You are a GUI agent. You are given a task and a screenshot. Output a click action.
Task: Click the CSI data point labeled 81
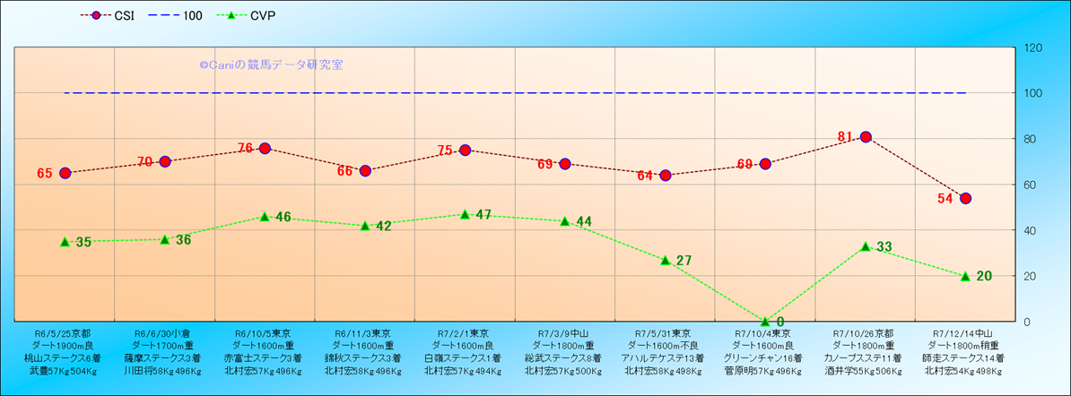coord(866,137)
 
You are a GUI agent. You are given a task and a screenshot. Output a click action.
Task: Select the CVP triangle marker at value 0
coord(765,321)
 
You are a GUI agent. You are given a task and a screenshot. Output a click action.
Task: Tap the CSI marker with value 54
coord(965,198)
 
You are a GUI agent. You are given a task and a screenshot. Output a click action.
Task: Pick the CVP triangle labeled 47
coord(465,214)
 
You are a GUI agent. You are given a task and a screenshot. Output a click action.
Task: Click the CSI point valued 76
coord(265,149)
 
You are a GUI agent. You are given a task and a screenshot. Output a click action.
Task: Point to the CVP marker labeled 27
coord(665,260)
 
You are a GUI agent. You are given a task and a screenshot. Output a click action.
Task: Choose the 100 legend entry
coord(171,16)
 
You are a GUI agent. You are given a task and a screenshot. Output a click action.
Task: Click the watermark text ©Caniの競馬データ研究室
coord(271,65)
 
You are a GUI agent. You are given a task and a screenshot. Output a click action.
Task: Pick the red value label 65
coord(45,174)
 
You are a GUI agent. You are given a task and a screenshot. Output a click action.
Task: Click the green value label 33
coord(884,247)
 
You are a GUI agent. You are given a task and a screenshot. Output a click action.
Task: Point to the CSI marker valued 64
coord(665,176)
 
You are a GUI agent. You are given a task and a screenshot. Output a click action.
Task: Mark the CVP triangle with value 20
coord(965,276)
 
